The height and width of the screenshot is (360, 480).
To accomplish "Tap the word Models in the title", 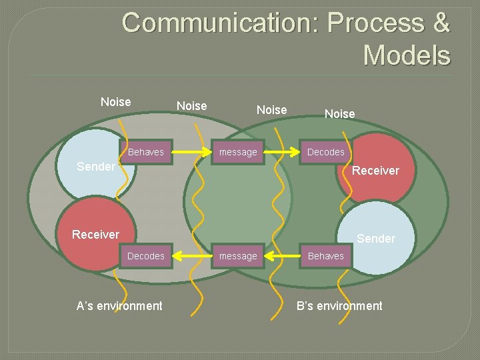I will [407, 55].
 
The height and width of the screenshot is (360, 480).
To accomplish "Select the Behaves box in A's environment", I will [145, 152].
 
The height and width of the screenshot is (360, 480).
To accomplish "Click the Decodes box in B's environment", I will [325, 152].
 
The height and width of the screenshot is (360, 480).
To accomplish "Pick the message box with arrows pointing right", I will [238, 152].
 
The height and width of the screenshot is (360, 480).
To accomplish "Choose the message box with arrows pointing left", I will [238, 256].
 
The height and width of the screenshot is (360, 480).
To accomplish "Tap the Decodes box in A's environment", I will [145, 256].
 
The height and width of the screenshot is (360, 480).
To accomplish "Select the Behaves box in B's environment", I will [325, 256].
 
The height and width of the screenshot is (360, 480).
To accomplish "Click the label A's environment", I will [119, 306].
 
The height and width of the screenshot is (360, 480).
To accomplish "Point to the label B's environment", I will [339, 306].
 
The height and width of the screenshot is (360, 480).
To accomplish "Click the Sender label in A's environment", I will [95, 167].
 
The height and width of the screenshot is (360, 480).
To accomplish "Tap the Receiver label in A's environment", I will [95, 234].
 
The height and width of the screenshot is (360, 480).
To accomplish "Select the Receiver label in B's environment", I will [375, 171].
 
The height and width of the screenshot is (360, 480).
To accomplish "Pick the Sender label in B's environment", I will [376, 239].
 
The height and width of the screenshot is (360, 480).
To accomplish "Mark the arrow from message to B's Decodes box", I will [281, 152].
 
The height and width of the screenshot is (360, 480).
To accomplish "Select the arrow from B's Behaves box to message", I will [281, 256].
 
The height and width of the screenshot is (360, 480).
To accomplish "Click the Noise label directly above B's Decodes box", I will [339, 114].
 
